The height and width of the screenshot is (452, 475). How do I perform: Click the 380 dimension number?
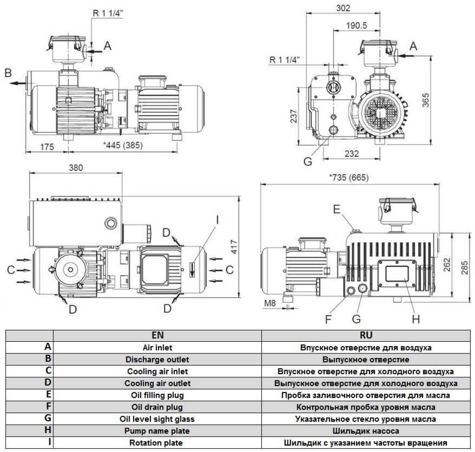(75, 167)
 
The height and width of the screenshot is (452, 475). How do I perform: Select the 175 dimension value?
(46, 146)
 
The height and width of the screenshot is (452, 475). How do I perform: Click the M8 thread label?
(269, 302)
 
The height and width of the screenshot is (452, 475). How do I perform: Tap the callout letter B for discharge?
(8, 72)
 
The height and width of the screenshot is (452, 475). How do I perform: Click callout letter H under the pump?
(416, 319)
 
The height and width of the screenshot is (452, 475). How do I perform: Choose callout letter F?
(329, 319)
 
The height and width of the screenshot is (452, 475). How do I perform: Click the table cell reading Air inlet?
(157, 348)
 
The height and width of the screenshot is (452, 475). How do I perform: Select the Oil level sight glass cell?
(157, 419)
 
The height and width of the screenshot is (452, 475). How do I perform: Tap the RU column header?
(366, 335)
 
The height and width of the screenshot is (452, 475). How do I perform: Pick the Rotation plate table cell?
(157, 443)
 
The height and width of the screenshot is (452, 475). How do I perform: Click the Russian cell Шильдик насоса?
(366, 431)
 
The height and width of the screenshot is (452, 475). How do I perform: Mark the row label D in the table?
(48, 383)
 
